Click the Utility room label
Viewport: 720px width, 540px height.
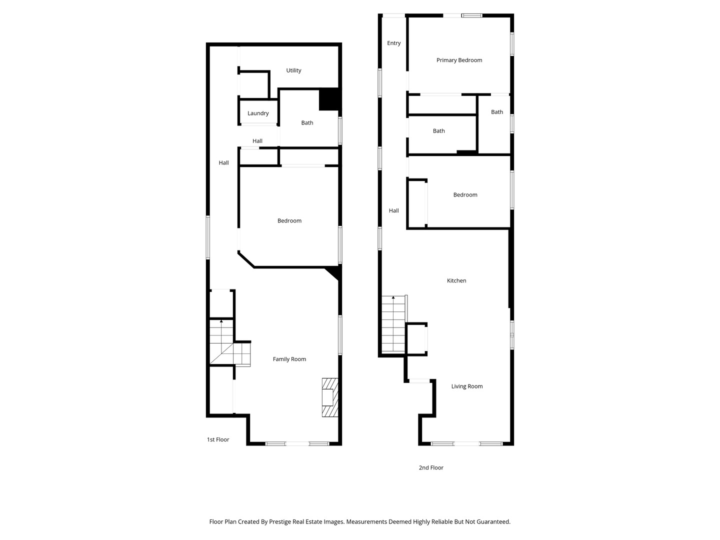click(x=293, y=70)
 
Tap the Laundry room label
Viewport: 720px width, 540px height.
click(x=258, y=113)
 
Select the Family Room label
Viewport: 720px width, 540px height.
click(x=289, y=359)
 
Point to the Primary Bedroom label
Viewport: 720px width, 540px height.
click(x=459, y=60)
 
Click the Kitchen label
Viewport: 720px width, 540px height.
click(x=456, y=281)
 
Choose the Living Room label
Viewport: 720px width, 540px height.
click(x=466, y=386)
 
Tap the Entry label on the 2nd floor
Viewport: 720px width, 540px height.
click(x=393, y=43)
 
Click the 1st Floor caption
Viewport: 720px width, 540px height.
click(x=218, y=440)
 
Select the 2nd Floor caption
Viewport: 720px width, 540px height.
click(x=430, y=468)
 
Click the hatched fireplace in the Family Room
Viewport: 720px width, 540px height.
click(x=329, y=397)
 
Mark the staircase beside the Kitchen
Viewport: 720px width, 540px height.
click(x=393, y=324)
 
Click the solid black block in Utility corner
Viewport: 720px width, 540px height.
click(x=329, y=99)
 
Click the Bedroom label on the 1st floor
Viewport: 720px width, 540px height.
click(x=289, y=221)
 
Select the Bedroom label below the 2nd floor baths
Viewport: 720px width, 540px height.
click(x=465, y=195)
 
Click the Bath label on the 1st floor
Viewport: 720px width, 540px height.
click(x=307, y=123)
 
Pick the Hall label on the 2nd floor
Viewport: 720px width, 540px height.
click(x=393, y=211)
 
